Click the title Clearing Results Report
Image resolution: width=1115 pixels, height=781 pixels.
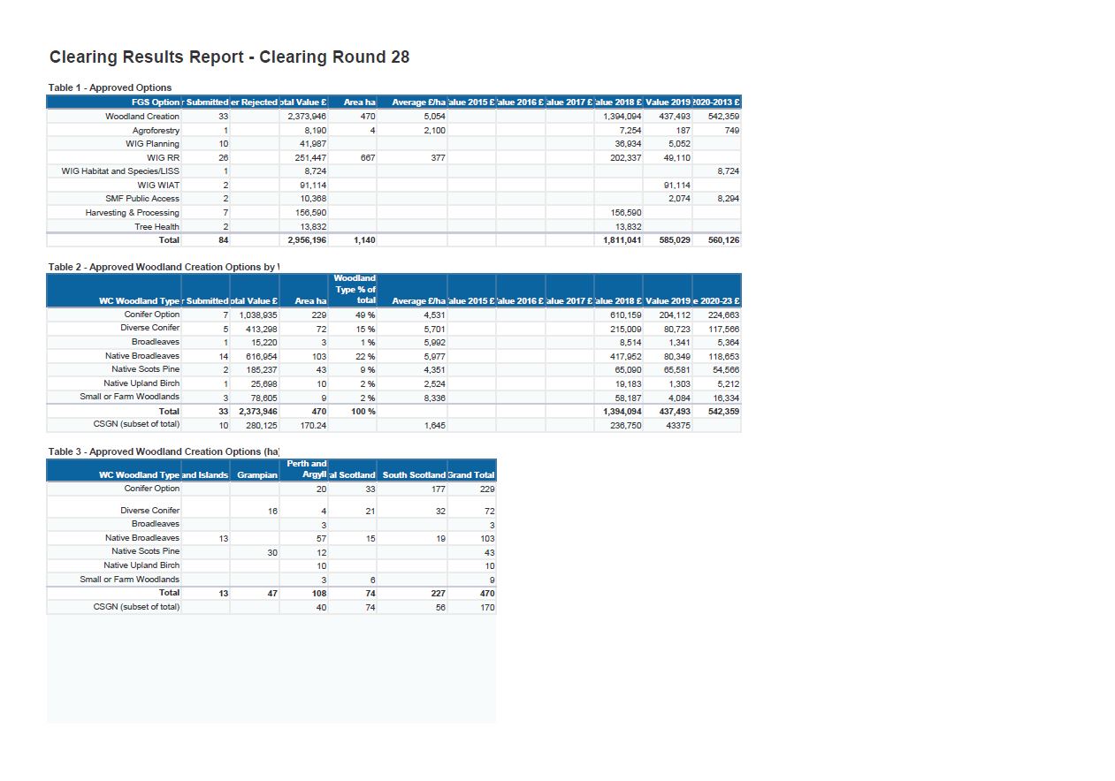point(229,57)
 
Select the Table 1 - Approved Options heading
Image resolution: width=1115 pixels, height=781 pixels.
point(111,87)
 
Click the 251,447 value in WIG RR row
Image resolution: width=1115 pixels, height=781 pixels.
point(313,157)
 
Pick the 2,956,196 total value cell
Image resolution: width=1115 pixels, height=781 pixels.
point(308,240)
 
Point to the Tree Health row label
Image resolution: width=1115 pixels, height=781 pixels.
point(157,227)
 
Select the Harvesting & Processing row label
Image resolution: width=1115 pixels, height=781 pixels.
point(132,213)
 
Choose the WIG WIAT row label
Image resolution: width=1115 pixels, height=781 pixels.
point(158,186)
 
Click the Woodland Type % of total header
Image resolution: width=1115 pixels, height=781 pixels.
point(355,289)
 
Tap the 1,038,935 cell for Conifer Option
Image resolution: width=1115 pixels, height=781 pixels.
point(258,315)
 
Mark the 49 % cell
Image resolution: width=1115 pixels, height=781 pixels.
point(365,315)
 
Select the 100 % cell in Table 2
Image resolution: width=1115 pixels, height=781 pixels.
point(363,412)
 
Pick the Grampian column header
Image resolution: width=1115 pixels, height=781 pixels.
point(257,475)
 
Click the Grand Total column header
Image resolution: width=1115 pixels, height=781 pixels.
point(472,475)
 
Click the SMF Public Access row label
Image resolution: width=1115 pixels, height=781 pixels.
point(142,199)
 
